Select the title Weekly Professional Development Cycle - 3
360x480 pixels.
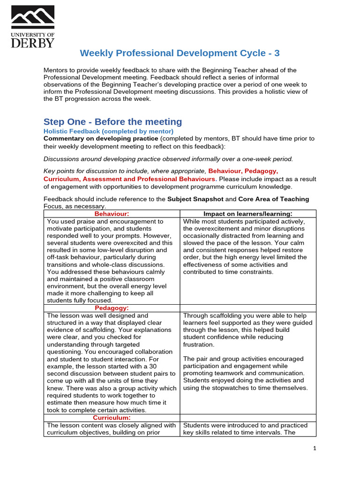(x=180, y=53)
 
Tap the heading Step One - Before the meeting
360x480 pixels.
(x=112, y=122)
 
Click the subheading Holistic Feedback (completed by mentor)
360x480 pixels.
(x=108, y=131)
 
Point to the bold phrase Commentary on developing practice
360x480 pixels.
(x=101, y=139)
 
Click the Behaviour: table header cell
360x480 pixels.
(x=112, y=214)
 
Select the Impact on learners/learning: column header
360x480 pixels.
(x=248, y=214)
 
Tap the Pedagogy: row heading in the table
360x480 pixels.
(x=112, y=308)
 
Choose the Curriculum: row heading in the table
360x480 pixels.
(x=112, y=418)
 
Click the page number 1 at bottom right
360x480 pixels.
(x=315, y=449)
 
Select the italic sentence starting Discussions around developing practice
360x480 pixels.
(x=168, y=158)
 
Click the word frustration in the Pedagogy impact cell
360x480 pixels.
(x=198, y=345)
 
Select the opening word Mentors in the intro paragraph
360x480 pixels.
(x=57, y=70)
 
